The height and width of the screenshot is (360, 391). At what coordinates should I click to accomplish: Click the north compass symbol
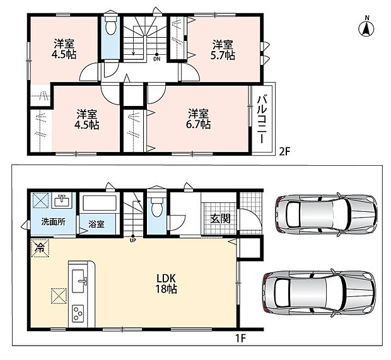(366, 28)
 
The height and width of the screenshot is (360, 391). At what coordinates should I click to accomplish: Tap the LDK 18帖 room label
(166, 284)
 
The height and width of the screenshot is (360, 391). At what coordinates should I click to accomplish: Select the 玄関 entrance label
(220, 219)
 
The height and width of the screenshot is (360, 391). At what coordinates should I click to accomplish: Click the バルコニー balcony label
(261, 119)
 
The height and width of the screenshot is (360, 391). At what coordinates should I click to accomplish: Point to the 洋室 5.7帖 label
(223, 50)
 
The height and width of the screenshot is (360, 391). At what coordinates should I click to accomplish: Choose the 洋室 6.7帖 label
(198, 119)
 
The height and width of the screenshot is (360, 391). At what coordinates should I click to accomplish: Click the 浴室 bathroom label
(96, 224)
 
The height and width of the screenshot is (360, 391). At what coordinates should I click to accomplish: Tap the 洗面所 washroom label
(54, 222)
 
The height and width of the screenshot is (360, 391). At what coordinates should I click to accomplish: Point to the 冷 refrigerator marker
(40, 248)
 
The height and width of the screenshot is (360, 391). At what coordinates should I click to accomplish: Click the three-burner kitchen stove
(78, 313)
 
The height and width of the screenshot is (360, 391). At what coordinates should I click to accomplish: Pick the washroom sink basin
(61, 200)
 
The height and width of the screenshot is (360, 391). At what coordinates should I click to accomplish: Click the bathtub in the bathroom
(100, 203)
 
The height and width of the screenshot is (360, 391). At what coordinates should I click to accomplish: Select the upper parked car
(326, 214)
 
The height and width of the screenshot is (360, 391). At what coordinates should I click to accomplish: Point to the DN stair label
(156, 59)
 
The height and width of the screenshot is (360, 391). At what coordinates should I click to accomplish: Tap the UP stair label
(133, 241)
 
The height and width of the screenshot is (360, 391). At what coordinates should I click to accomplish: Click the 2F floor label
(285, 151)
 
